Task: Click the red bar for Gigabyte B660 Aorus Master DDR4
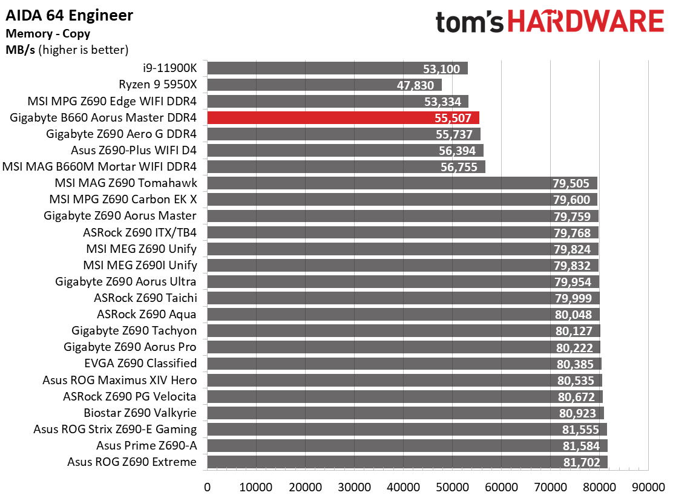343,117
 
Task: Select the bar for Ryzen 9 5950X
324,85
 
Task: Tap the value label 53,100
441,68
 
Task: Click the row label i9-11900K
169,68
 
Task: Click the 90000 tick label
648,487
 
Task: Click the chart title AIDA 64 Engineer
70,16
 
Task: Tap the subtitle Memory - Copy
48,33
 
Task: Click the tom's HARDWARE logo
550,22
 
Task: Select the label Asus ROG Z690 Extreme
132,462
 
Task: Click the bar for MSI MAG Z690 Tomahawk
402,183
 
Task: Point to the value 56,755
459,167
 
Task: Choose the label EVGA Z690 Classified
140,363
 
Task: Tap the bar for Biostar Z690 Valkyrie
405,413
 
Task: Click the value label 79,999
573,298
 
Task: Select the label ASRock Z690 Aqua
146,315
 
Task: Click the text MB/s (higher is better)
67,50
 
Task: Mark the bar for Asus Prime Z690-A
407,446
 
